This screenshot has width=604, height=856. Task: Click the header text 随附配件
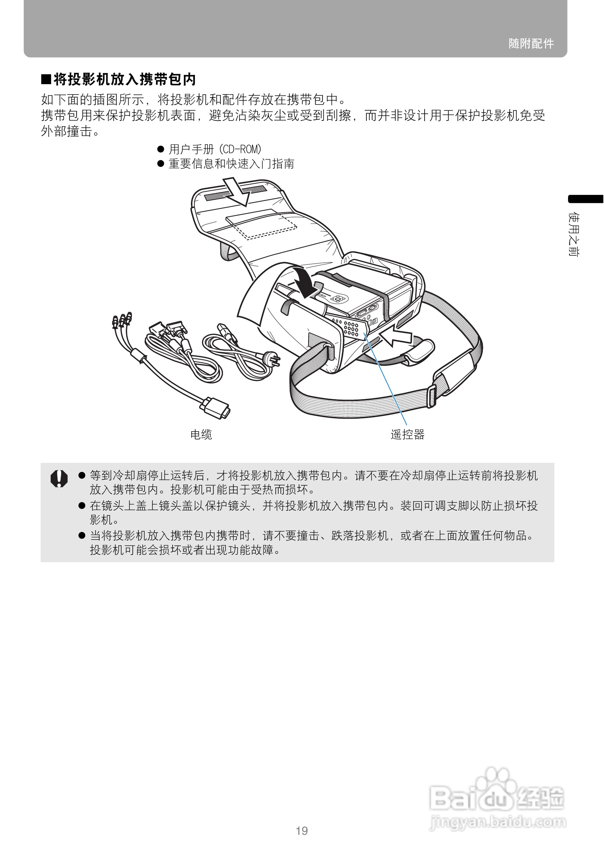tap(531, 44)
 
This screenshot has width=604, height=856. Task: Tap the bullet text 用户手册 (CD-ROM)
tap(215, 150)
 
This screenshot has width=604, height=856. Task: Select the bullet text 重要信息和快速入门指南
tap(231, 164)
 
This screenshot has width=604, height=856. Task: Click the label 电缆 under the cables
tap(201, 434)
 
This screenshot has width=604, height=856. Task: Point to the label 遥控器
tap(407, 434)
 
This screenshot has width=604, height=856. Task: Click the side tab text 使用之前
tap(573, 235)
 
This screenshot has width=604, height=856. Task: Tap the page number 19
tap(301, 831)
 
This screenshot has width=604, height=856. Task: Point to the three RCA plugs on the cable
tap(122, 320)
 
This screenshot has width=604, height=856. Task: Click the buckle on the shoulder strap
tap(431, 396)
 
